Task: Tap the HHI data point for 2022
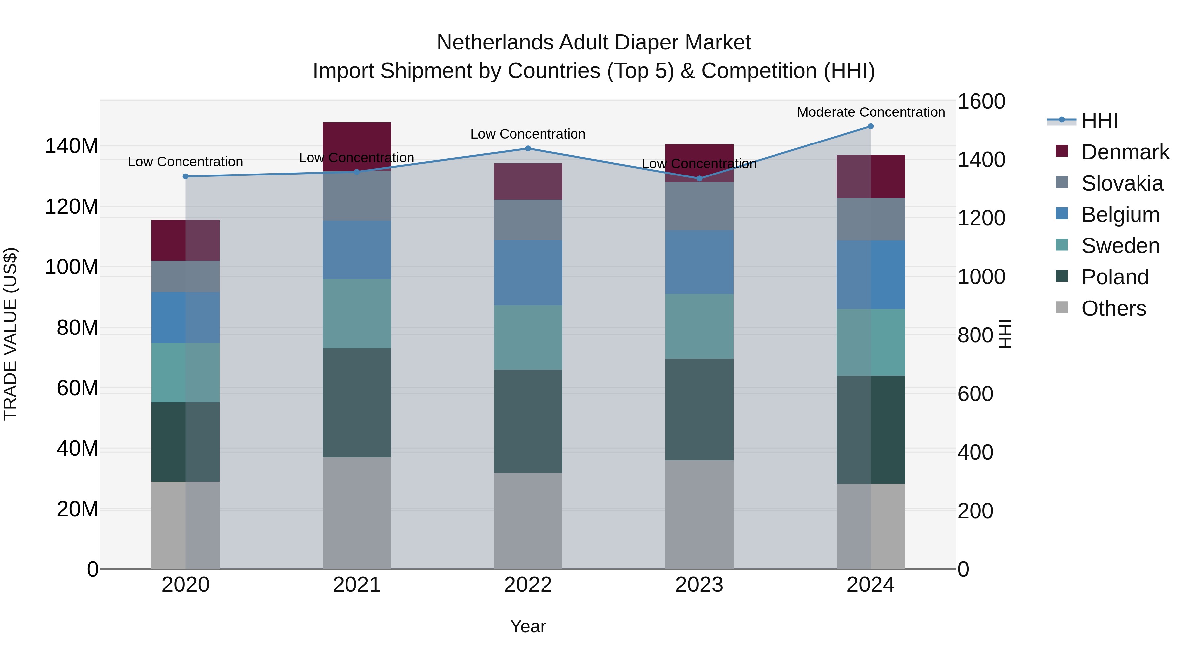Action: click(x=528, y=148)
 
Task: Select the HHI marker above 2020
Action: click(x=185, y=176)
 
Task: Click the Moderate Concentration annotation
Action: click(x=871, y=112)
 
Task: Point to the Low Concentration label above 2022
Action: click(x=528, y=134)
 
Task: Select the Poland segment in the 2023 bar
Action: click(x=699, y=409)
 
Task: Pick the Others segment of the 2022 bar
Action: click(x=528, y=521)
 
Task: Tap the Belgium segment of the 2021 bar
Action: click(x=356, y=250)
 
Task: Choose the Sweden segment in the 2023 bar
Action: click(x=699, y=326)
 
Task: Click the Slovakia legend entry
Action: click(x=1122, y=183)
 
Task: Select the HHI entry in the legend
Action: click(x=1100, y=121)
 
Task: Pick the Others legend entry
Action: click(x=1113, y=308)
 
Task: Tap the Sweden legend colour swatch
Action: click(x=1061, y=245)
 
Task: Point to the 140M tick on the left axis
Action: click(x=72, y=146)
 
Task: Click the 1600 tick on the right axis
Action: click(x=981, y=101)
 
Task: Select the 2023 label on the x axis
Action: click(x=699, y=585)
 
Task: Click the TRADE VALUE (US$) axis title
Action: click(x=10, y=334)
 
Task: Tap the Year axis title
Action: click(x=528, y=626)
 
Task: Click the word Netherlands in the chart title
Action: click(x=495, y=43)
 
